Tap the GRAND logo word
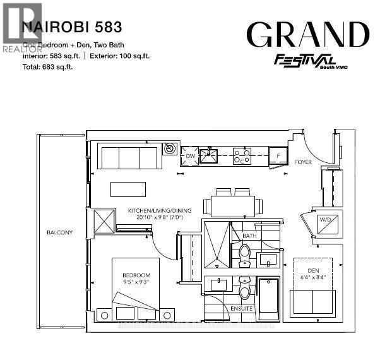point(307,34)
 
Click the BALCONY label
point(60,232)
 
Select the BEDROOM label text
point(136,275)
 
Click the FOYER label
point(304,162)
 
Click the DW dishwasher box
point(190,155)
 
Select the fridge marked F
point(277,155)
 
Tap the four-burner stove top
point(242,155)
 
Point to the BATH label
point(249,236)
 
